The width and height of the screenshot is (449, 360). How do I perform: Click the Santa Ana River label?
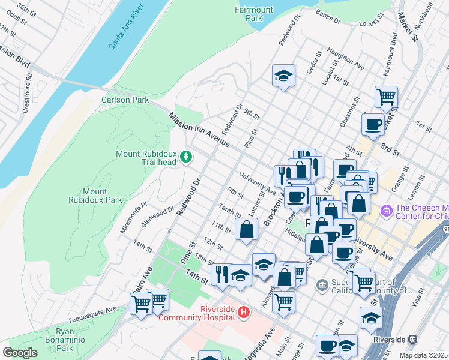[x=127, y=29]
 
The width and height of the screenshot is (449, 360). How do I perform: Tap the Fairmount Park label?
[x=249, y=13]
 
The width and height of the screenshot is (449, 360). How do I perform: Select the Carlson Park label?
[x=125, y=100]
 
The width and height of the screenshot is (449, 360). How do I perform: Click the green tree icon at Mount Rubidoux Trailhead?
[x=187, y=157]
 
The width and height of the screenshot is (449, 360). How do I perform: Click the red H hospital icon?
[x=243, y=312]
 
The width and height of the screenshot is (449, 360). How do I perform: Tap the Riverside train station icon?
[x=412, y=339]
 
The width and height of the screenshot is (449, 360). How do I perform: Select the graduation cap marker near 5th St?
[x=283, y=76]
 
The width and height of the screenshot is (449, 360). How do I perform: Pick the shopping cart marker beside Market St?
[x=386, y=96]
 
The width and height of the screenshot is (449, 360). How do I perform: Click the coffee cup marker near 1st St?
[x=373, y=124]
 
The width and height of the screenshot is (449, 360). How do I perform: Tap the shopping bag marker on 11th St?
[x=246, y=229]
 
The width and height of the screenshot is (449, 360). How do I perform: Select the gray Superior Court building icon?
[x=322, y=283]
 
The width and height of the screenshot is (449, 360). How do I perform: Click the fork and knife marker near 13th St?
[x=221, y=274]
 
